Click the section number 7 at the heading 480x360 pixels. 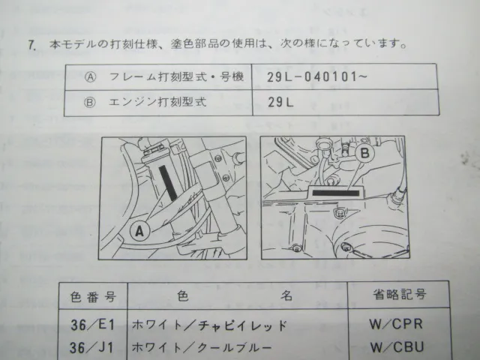coord(32,45)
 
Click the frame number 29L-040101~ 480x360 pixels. coord(316,76)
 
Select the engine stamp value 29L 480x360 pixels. coord(280,102)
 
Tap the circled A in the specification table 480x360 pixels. coord(90,76)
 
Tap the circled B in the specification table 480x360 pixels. coord(90,102)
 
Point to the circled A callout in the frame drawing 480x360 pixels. coord(139,231)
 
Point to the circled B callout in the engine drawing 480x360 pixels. coord(365,153)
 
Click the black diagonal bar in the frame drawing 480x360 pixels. coord(168,183)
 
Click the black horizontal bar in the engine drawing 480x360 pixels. coord(336,193)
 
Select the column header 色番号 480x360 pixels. coord(93,297)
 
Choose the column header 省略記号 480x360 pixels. coord(399,295)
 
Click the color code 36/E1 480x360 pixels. coord(92,325)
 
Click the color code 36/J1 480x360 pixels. coord(91,347)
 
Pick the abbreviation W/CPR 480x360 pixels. coord(396,324)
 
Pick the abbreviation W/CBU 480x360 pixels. coord(397,346)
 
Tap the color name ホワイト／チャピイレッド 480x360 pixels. coord(210,325)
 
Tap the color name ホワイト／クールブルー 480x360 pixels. coord(202,347)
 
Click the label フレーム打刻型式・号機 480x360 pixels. coord(176,76)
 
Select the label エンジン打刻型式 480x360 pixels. coord(157,102)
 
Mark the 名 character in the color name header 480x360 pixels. coord(286,295)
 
